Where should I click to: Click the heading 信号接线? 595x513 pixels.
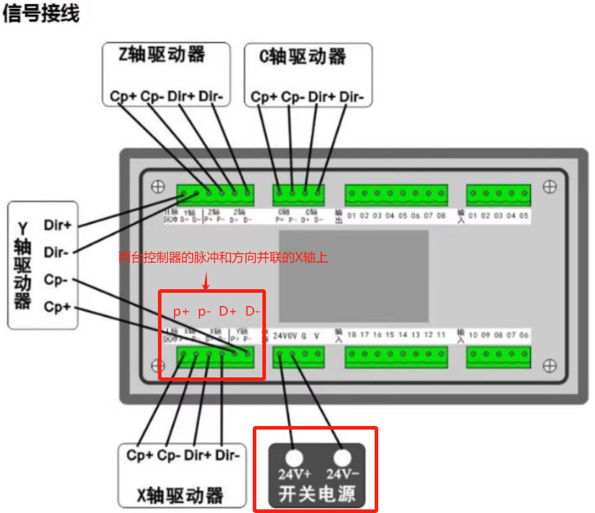[41, 14]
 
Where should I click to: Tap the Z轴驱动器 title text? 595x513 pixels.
[162, 56]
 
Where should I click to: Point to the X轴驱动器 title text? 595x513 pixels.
[180, 496]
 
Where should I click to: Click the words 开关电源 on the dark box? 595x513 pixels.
[316, 494]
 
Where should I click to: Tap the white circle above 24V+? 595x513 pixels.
[294, 458]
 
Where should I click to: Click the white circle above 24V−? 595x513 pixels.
[342, 458]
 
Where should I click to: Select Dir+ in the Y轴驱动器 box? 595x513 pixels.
[57, 226]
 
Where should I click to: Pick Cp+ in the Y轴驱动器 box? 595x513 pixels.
[57, 307]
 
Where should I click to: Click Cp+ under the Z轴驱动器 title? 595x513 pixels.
[123, 96]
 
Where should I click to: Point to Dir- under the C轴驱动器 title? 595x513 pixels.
[352, 96]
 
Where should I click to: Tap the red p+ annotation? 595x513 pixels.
[181, 311]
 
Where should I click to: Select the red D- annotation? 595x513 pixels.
[253, 311]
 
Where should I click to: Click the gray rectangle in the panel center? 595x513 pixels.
[354, 275]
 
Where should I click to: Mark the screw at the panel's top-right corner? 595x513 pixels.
[549, 187]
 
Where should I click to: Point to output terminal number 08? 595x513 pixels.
[441, 215]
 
